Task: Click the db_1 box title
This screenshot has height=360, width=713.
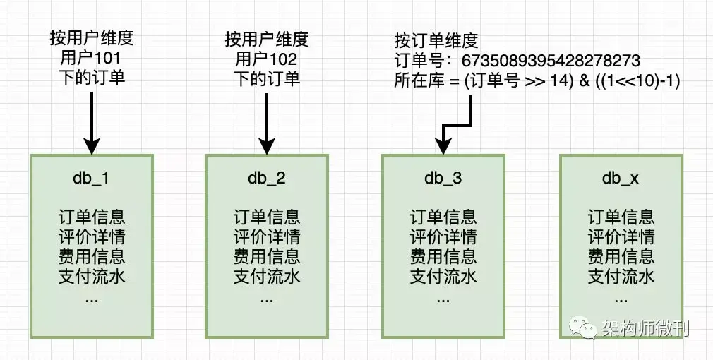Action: (91, 179)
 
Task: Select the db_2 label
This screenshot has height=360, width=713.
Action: (267, 179)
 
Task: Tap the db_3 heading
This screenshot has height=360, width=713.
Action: (443, 179)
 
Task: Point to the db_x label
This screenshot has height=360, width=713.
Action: (621, 179)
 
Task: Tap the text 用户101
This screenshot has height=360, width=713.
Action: (91, 58)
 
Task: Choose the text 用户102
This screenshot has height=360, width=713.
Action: (267, 58)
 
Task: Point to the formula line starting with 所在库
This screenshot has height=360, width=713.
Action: (537, 81)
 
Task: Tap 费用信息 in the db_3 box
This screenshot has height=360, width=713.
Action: (443, 256)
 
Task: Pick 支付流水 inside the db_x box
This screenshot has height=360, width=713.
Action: (621, 276)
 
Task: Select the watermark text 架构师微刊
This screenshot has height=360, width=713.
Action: (645, 328)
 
